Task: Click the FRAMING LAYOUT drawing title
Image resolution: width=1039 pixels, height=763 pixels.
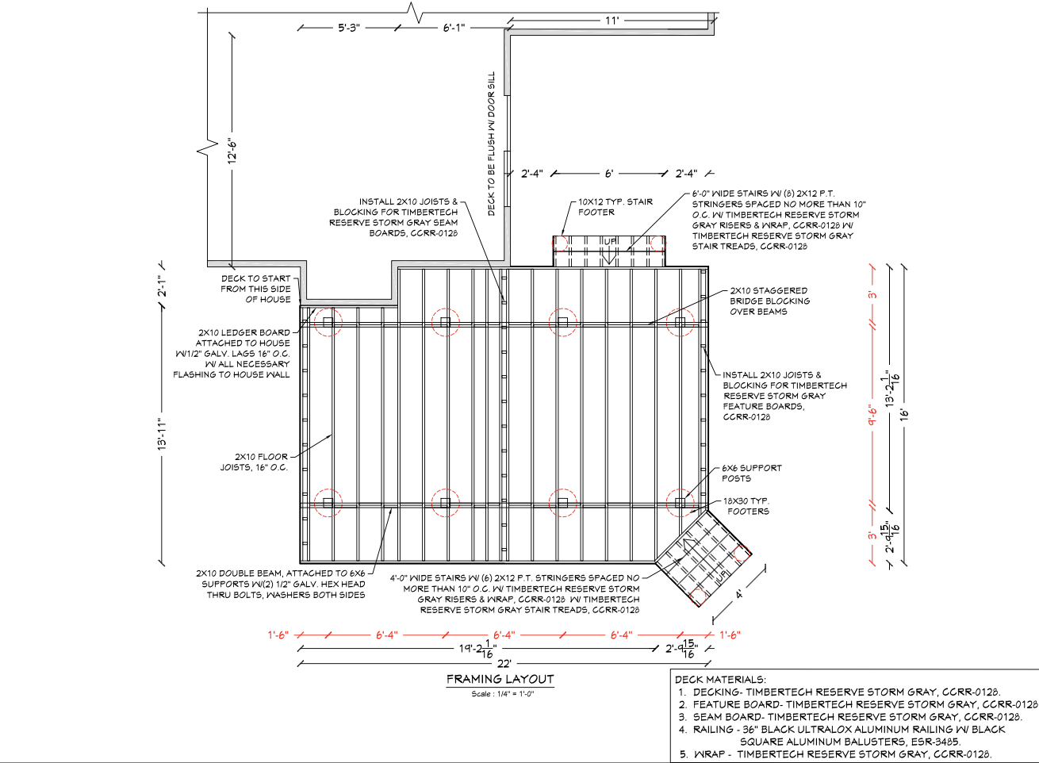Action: point(500,679)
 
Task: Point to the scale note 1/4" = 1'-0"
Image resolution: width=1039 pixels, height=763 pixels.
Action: point(502,694)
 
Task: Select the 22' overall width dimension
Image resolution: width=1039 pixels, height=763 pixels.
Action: point(504,664)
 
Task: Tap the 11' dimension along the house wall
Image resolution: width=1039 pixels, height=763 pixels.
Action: point(612,21)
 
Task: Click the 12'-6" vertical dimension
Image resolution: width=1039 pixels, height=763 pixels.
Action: point(233,150)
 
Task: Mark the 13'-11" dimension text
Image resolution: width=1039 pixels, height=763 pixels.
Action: point(163,435)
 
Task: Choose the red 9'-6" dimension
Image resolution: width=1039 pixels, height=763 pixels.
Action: point(872,414)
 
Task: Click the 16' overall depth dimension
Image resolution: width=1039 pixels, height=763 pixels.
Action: point(902,414)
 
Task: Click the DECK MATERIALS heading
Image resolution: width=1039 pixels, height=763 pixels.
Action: point(720,680)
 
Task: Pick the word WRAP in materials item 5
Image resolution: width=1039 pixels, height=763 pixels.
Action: point(708,754)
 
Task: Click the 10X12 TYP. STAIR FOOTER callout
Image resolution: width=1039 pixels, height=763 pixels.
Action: point(615,207)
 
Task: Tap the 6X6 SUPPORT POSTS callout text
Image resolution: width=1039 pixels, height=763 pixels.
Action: point(751,474)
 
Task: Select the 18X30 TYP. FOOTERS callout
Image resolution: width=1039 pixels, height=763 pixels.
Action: point(746,506)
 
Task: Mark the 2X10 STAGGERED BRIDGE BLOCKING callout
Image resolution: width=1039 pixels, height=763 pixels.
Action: point(768,301)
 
